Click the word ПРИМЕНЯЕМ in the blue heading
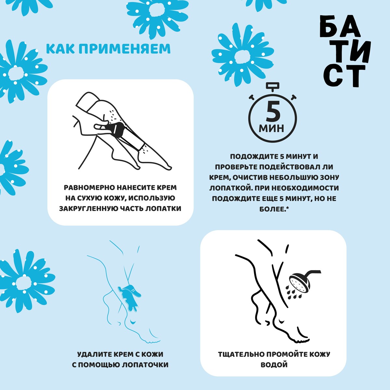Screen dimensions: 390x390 pos(124,49)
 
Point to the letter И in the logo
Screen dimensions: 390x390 pos(359,51)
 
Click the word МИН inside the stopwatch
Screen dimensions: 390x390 pos(272,128)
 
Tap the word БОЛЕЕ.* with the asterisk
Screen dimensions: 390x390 pos(274,209)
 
